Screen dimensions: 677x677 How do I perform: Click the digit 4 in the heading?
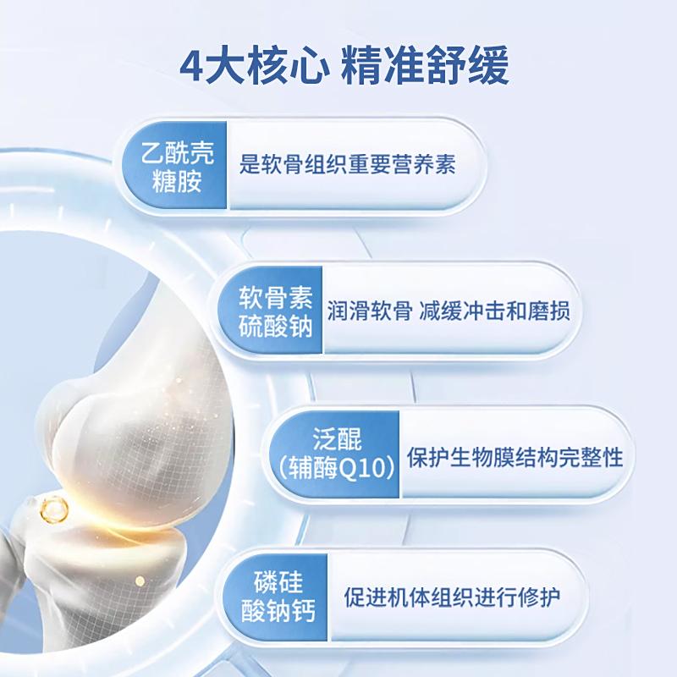point(191,66)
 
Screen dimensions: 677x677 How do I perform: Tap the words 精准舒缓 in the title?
point(426,66)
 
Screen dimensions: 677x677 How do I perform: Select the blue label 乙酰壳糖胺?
point(178,166)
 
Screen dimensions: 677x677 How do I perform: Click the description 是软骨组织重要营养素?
point(348,164)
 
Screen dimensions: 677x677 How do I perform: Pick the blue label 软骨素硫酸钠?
point(276,311)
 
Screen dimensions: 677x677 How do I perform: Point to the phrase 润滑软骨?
point(370,311)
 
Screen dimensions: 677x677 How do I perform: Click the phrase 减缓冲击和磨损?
point(495,311)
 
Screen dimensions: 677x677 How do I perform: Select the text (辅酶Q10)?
point(337,468)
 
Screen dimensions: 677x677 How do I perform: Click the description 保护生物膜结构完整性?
point(515,457)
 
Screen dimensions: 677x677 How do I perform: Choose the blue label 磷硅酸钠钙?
point(278,597)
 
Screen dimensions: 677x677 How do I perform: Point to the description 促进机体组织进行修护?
point(452,597)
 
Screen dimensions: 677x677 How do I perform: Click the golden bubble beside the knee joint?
point(54,509)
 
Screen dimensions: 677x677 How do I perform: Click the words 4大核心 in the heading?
point(251,66)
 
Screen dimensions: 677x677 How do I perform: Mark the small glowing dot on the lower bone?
point(140,581)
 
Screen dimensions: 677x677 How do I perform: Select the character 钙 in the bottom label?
point(304,611)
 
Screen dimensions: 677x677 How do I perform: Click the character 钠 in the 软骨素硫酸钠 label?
point(300,325)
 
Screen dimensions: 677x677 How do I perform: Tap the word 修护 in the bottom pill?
point(539,597)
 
